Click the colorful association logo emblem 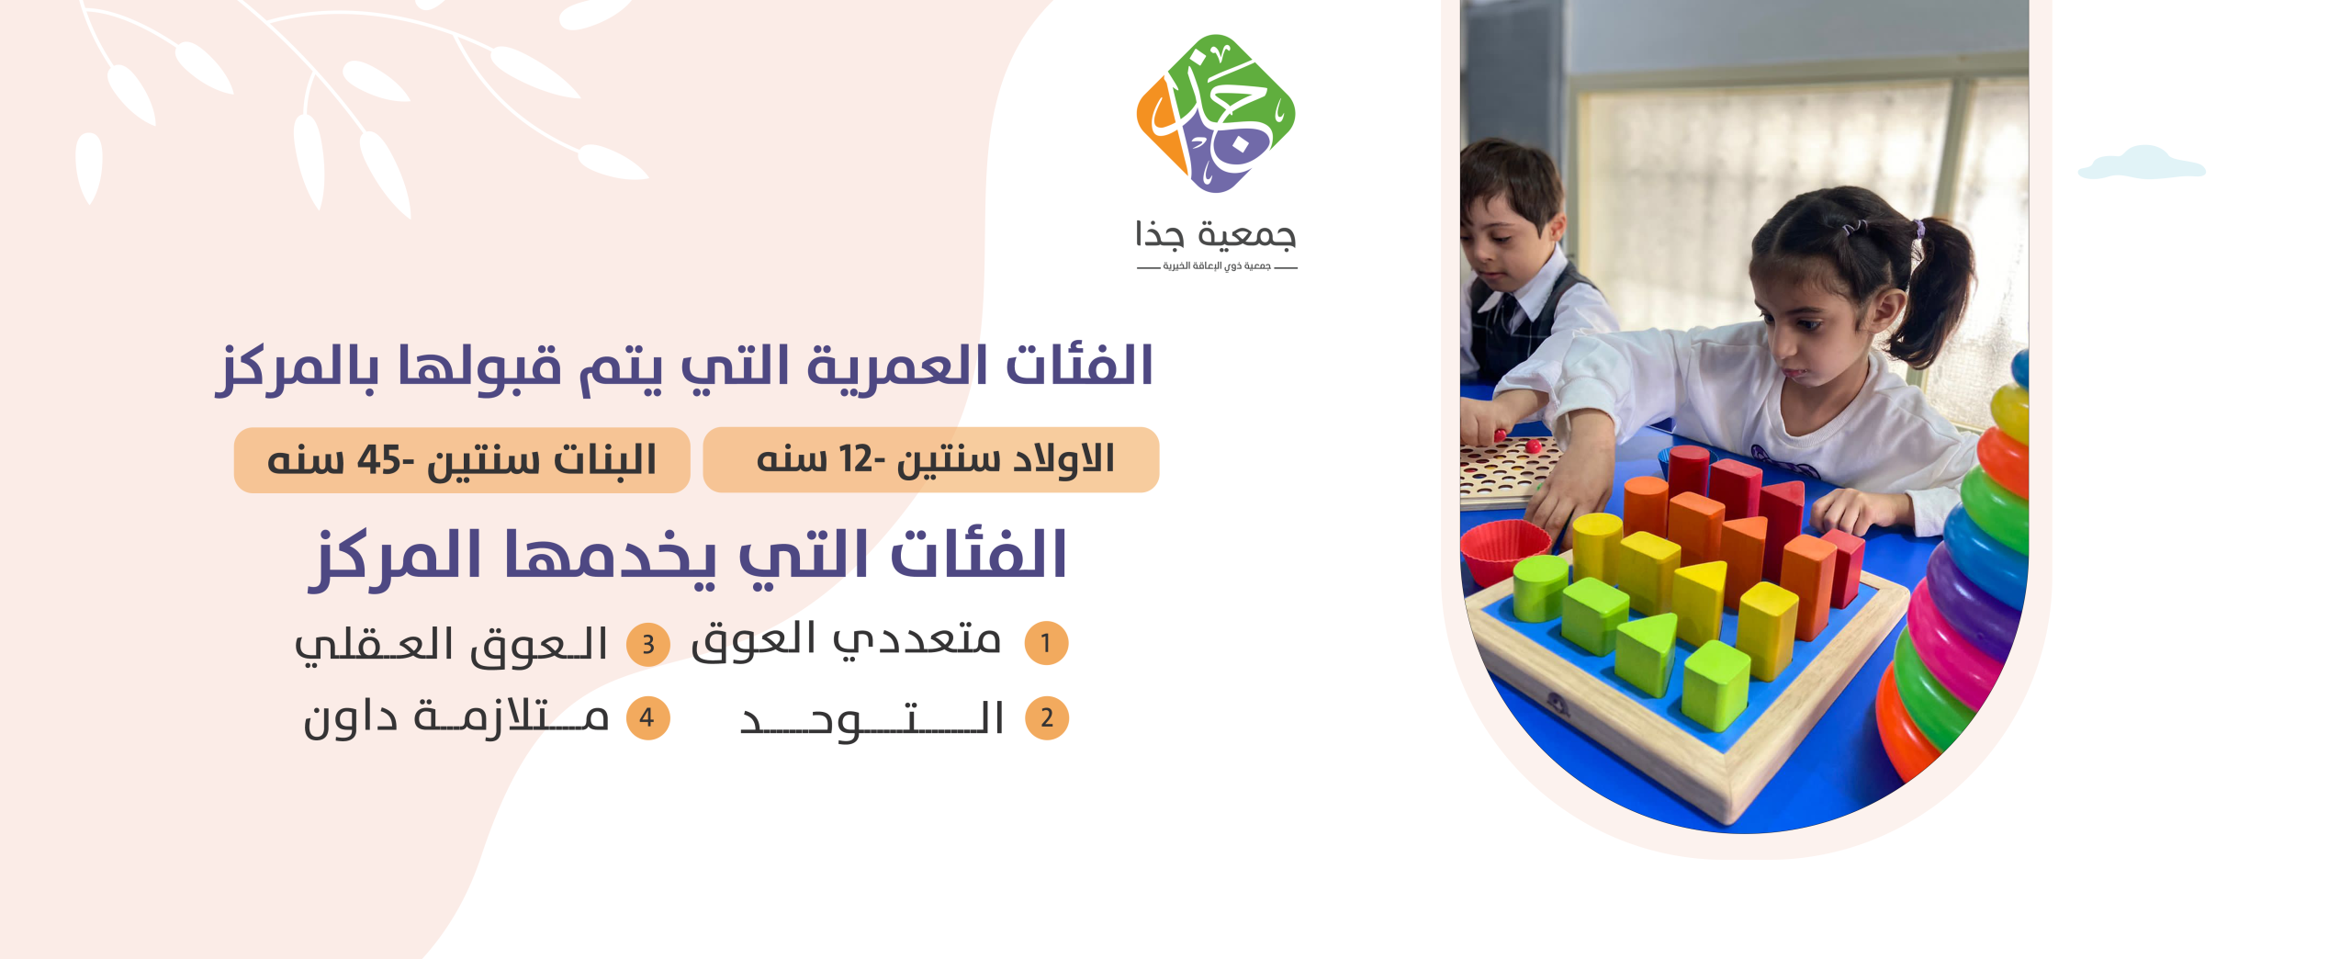tap(1216, 113)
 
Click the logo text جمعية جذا tap(1216, 235)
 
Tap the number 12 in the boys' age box tap(855, 459)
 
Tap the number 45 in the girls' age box tap(379, 459)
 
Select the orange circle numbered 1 tap(1046, 643)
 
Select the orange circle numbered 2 tap(1047, 718)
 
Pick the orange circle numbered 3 tap(648, 644)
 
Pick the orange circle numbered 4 tap(647, 717)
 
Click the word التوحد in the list tap(872, 719)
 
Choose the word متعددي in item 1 tap(917, 639)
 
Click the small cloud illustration tap(2141, 163)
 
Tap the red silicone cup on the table tap(1506, 548)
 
